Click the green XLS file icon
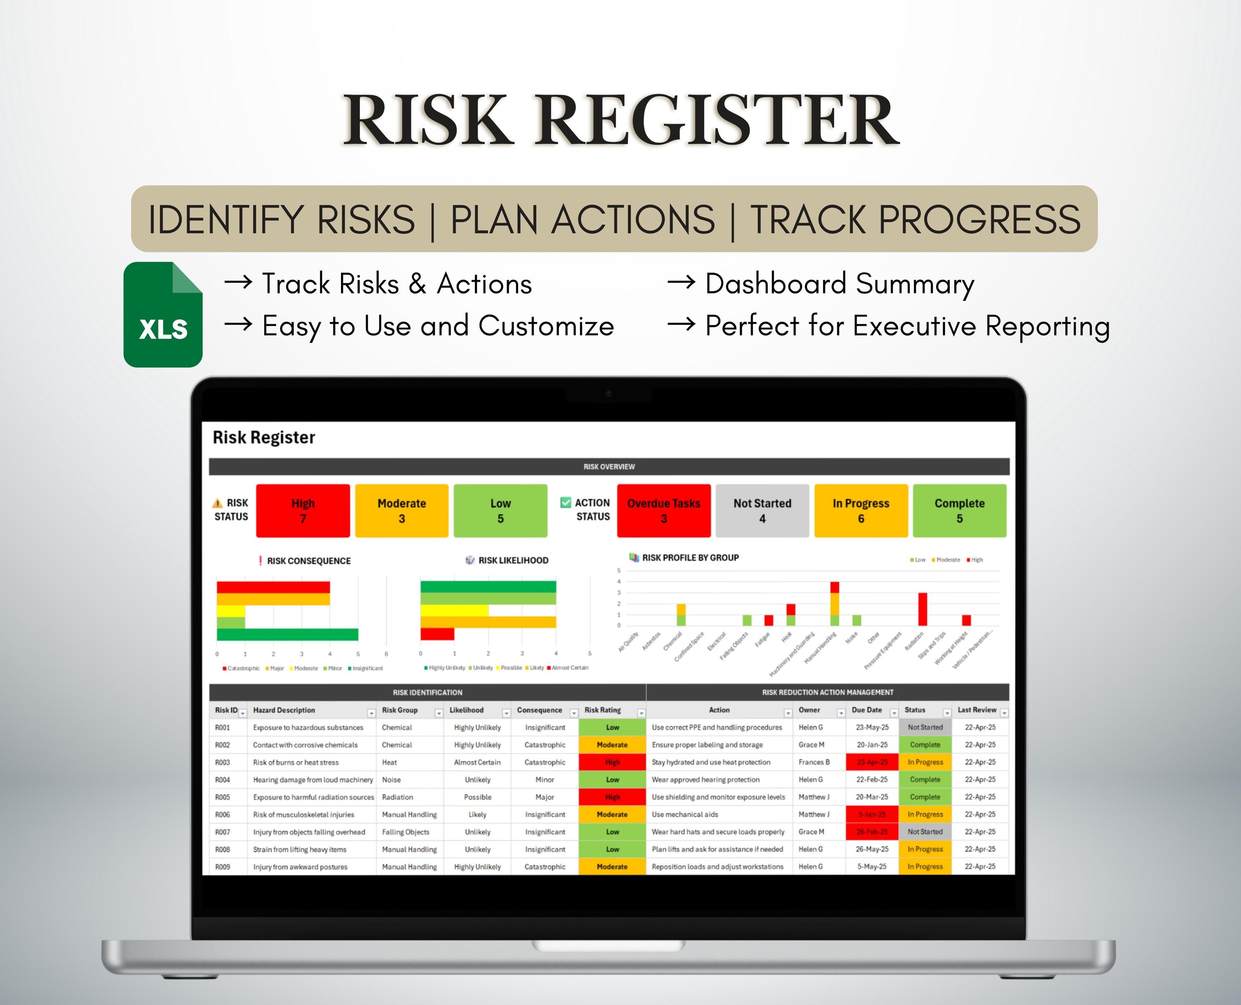pyautogui.click(x=163, y=314)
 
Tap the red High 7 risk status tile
pyautogui.click(x=303, y=511)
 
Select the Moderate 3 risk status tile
pyautogui.click(x=401, y=511)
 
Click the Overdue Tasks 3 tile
pyautogui.click(x=664, y=511)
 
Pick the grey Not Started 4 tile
pyautogui.click(x=762, y=511)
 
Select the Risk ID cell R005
pyautogui.click(x=223, y=797)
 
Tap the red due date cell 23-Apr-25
pyautogui.click(x=872, y=762)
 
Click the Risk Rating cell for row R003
pyautogui.click(x=612, y=762)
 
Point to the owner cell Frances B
pyautogui.click(x=814, y=762)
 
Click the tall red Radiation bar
pyautogui.click(x=922, y=609)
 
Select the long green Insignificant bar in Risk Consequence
pyautogui.click(x=287, y=634)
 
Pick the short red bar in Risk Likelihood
pyautogui.click(x=437, y=634)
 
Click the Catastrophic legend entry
pyautogui.click(x=242, y=668)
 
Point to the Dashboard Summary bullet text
pyautogui.click(x=840, y=284)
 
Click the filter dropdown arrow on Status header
pyautogui.click(x=947, y=713)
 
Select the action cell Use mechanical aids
pyautogui.click(x=685, y=814)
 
